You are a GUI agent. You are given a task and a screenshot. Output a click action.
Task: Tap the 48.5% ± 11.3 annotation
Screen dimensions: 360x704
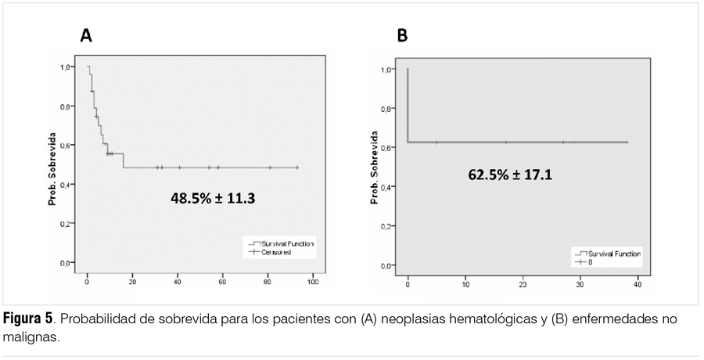click(213, 199)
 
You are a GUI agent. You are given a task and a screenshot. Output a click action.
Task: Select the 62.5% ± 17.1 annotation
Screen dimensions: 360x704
click(510, 175)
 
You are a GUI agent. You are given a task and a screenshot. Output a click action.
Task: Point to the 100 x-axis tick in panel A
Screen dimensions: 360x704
click(312, 279)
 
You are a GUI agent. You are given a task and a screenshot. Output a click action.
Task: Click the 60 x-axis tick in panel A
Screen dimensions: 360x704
click(222, 279)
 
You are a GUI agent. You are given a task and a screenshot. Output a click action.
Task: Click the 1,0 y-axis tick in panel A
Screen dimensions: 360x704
click(68, 67)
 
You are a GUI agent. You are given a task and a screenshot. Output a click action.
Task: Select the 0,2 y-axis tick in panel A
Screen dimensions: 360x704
click(68, 224)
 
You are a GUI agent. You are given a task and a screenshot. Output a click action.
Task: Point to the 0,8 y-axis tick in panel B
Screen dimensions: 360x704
click(386, 109)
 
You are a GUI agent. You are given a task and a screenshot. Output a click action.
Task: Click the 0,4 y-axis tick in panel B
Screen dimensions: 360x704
click(386, 188)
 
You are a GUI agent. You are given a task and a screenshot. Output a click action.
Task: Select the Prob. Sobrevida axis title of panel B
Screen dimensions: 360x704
click(374, 173)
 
